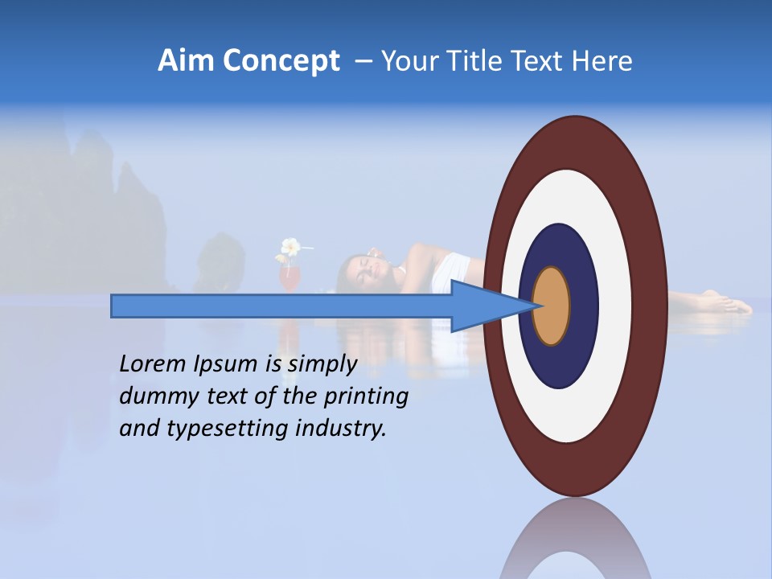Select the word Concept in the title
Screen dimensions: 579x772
pyautogui.click(x=281, y=61)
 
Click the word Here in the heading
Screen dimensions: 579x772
pyautogui.click(x=602, y=61)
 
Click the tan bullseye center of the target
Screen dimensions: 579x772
pyautogui.click(x=551, y=306)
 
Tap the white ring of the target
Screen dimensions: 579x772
pyautogui.click(x=615, y=306)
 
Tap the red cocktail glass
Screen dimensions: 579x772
pyautogui.click(x=289, y=277)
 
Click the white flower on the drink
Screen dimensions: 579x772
pyautogui.click(x=290, y=246)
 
